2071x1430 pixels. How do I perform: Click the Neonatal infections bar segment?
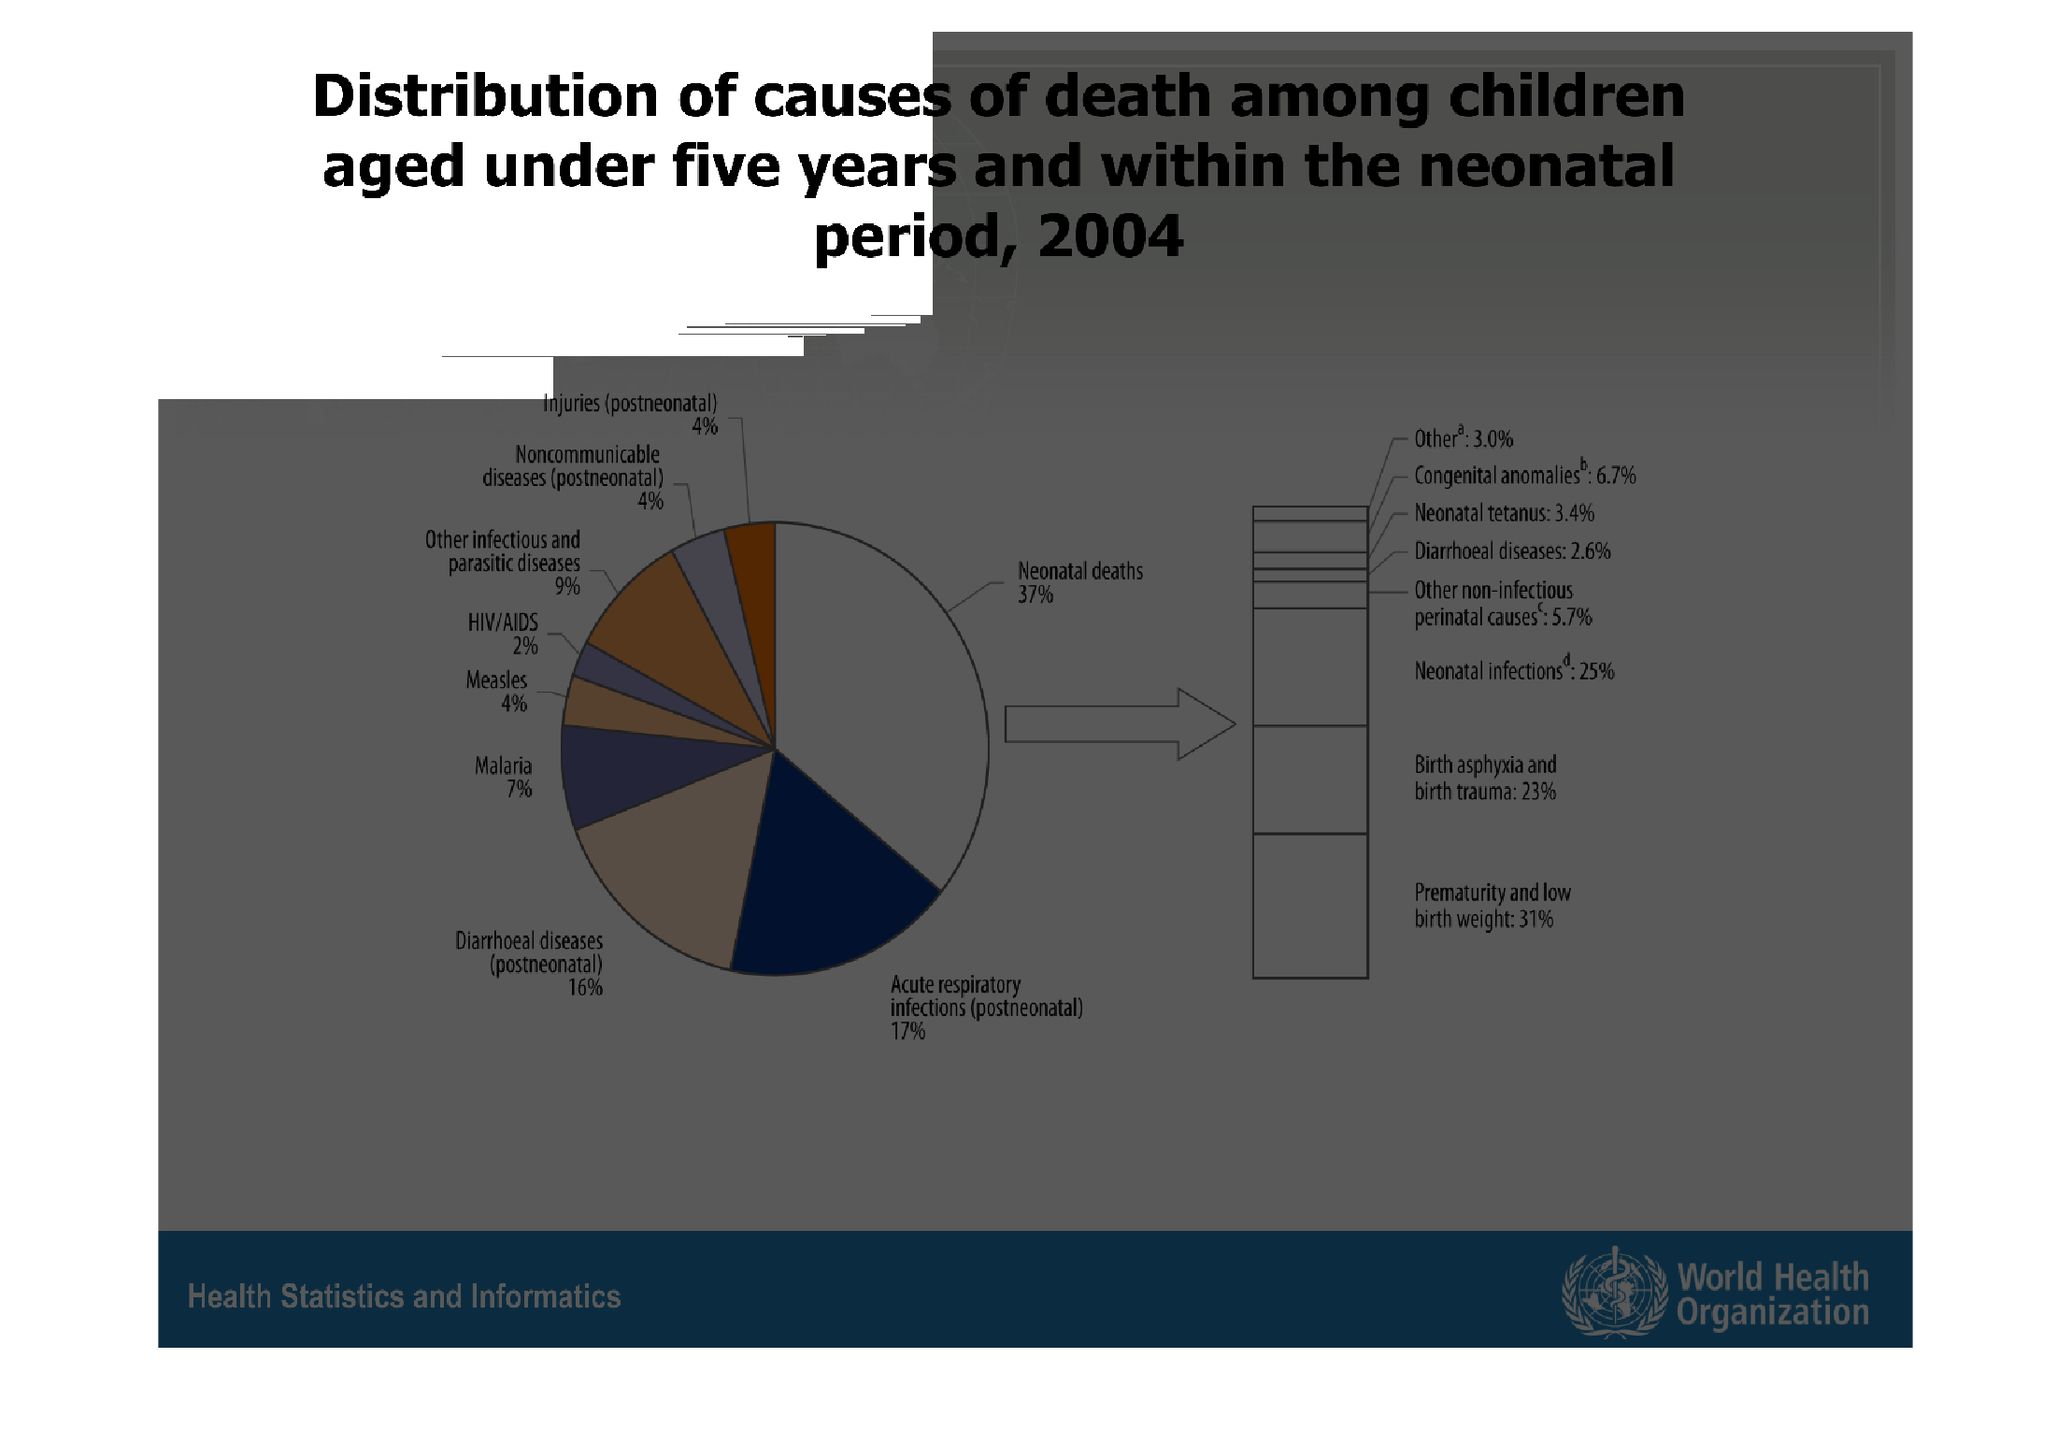tap(1309, 666)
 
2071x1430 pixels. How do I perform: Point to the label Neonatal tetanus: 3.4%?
tap(1504, 513)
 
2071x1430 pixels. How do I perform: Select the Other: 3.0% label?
tap(1463, 438)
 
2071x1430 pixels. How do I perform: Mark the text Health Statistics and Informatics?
tap(404, 1296)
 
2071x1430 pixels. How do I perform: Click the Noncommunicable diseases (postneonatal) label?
tap(572, 477)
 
